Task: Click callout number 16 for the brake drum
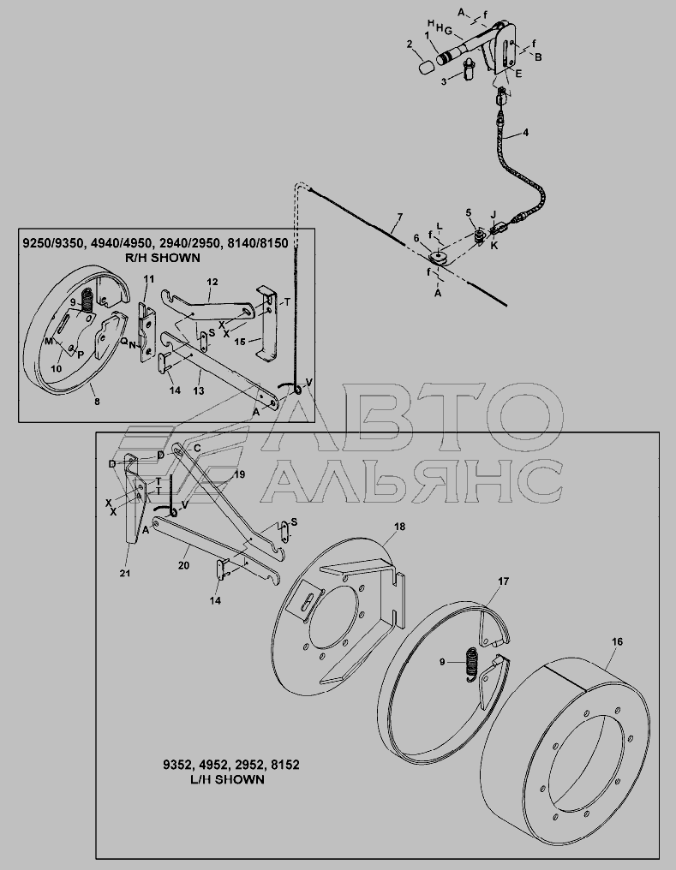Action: pos(617,641)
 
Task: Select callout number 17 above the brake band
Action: pos(504,581)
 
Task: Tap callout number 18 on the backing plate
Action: pos(399,527)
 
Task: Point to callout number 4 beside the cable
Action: pos(525,133)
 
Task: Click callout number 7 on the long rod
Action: pos(399,217)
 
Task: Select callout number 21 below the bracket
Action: pos(125,573)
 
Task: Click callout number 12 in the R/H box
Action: pos(212,282)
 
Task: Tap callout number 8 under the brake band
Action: pos(97,401)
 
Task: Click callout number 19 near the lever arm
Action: pos(239,474)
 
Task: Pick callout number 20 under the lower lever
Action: pos(183,565)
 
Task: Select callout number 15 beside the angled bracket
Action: pos(240,342)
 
